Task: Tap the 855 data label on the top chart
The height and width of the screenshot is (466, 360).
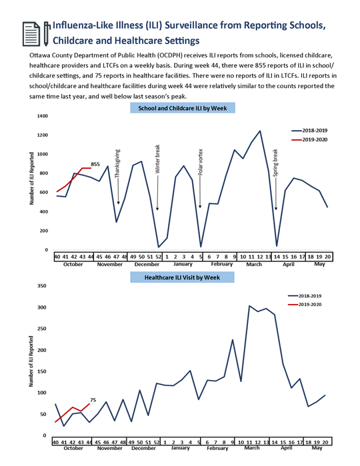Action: pyautogui.click(x=95, y=164)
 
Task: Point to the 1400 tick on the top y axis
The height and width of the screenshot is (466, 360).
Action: pyautogui.click(x=43, y=116)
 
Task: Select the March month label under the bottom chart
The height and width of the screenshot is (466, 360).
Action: pyautogui.click(x=252, y=448)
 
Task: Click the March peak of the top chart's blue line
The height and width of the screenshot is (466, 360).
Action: pyautogui.click(x=260, y=131)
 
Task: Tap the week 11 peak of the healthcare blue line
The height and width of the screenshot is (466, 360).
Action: pyautogui.click(x=250, y=306)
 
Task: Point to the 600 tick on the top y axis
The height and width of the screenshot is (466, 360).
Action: pyautogui.click(x=44, y=193)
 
